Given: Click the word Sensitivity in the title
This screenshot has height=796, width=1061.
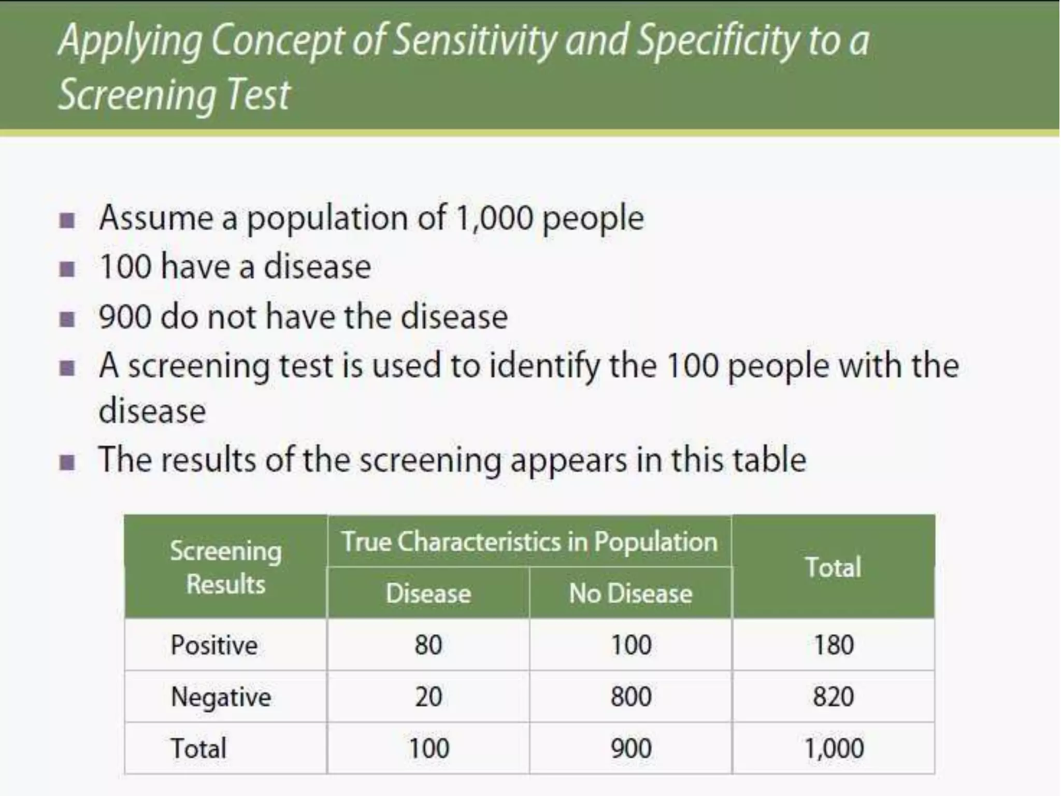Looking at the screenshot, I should click(x=475, y=40).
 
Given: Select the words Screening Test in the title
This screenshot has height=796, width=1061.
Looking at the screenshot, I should click(x=174, y=95).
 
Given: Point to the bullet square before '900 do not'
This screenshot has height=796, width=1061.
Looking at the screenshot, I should click(x=67, y=318).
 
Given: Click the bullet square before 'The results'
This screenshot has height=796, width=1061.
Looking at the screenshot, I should click(x=67, y=461).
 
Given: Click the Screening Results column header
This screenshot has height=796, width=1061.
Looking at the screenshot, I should click(x=226, y=567).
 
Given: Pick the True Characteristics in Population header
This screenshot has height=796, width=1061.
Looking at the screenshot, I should click(x=529, y=542).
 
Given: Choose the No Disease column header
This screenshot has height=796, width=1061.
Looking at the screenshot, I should click(x=630, y=593).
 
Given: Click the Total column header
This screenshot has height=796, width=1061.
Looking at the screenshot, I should click(x=833, y=567).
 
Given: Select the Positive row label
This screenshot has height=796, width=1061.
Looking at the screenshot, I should click(x=214, y=645).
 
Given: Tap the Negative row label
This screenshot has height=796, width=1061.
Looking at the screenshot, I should click(x=221, y=696).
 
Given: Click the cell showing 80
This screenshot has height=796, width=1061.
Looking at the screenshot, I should click(x=428, y=645).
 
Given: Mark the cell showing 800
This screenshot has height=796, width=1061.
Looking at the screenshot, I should click(x=630, y=696).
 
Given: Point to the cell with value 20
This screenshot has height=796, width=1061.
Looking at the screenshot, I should click(x=428, y=696).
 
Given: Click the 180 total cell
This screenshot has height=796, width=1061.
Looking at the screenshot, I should click(x=833, y=645).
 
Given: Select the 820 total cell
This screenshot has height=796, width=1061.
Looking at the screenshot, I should click(x=833, y=696).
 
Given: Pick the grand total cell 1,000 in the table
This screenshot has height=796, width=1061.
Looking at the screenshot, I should click(x=833, y=748).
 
